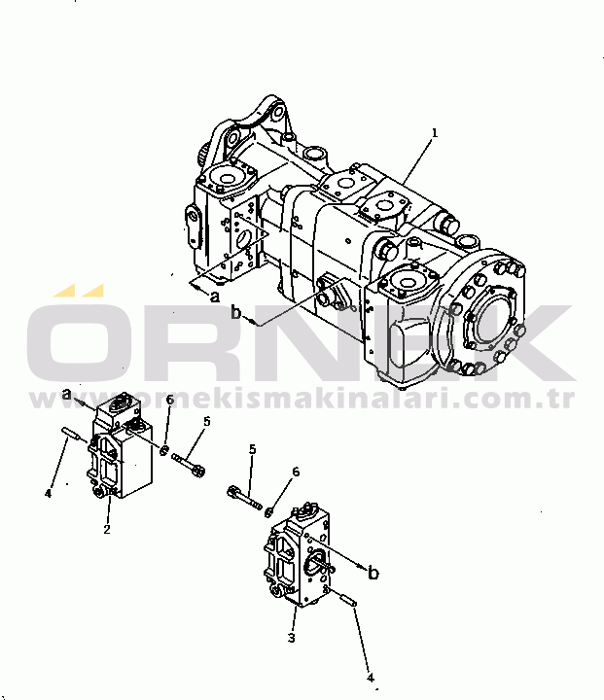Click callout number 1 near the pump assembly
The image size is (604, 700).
coord(434,133)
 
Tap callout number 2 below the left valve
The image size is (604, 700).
coord(107,529)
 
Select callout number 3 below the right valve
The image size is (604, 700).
coord(291,639)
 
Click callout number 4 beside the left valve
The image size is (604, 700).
coord(49,494)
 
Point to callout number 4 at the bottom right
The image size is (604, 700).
coord(370,678)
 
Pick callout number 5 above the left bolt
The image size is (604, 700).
coord(206,421)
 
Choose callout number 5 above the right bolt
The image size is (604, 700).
coord(253,449)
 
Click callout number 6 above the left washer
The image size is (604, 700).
coord(170,400)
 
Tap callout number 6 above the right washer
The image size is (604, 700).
coord(296,472)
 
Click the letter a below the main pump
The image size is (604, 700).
coord(215,297)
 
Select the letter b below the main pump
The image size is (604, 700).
coord(236,312)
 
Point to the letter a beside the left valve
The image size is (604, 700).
coord(66,394)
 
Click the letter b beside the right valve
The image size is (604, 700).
coord(373,573)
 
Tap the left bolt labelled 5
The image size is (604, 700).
coord(188,464)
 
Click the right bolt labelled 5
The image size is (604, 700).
coord(245,497)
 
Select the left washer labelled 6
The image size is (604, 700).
coord(164,450)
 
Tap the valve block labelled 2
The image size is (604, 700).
coord(122,448)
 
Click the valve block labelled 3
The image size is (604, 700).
coord(300,556)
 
